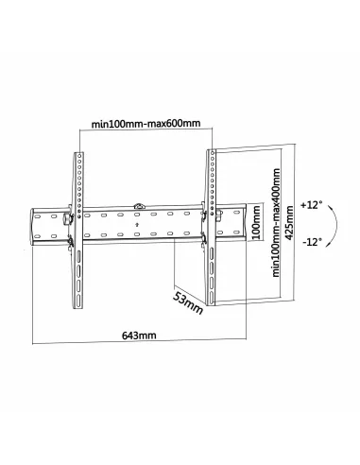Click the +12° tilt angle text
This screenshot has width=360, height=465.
[x=313, y=203]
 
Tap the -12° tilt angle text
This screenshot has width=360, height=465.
[x=313, y=242]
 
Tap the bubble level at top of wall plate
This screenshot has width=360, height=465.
[x=141, y=202]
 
